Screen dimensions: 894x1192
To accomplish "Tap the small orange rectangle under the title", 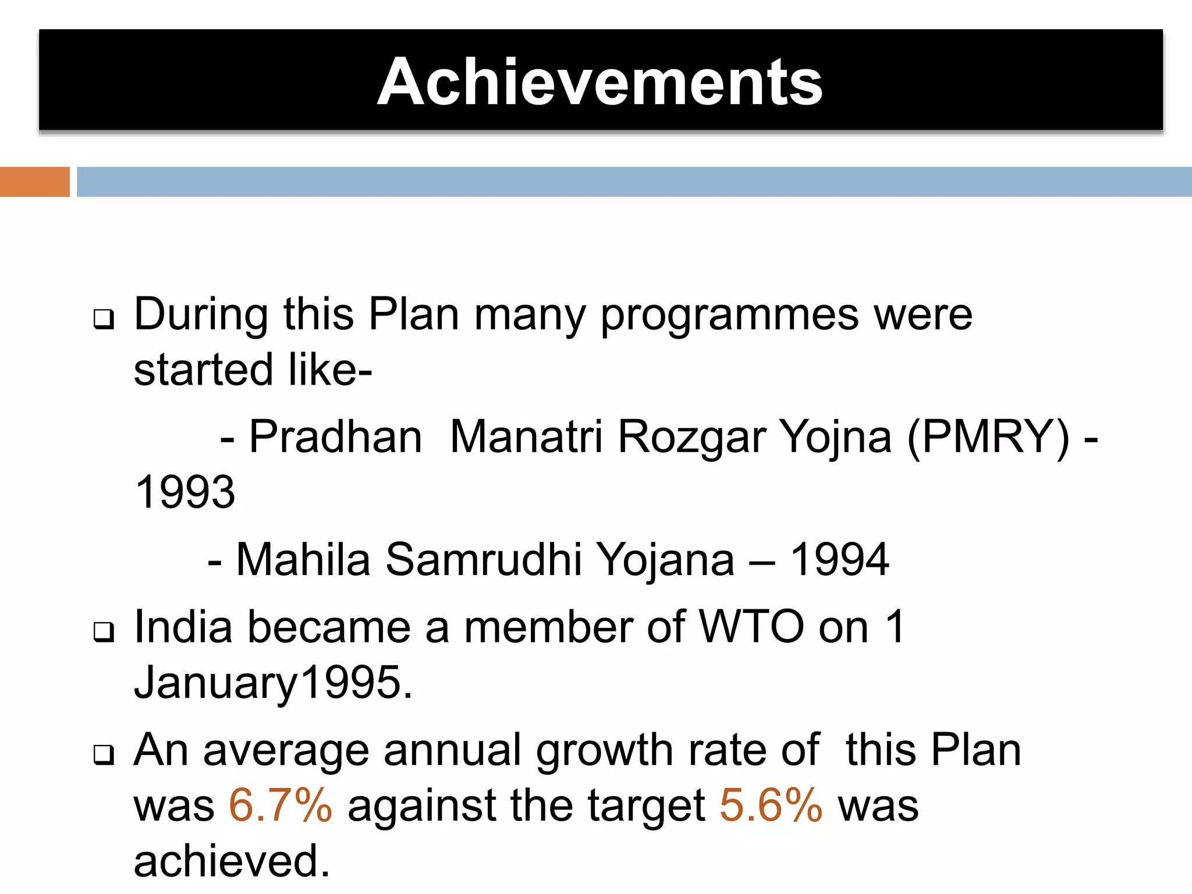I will pyautogui.click(x=34, y=182).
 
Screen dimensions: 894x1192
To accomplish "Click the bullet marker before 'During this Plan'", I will pyautogui.click(x=104, y=320).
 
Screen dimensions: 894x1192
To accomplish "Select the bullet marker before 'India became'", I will pyautogui.click(x=104, y=632).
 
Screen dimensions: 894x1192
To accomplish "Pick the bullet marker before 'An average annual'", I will pyautogui.click(x=104, y=755).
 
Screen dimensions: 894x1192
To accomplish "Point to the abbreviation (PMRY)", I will pyautogui.click(x=988, y=437).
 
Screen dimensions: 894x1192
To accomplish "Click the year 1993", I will pyautogui.click(x=185, y=492).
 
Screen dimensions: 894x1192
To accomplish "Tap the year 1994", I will pyautogui.click(x=839, y=559).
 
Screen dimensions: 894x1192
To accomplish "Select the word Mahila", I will pyautogui.click(x=303, y=559).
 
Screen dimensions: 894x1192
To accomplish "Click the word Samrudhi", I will pyautogui.click(x=483, y=559).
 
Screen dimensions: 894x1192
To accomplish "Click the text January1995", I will pyautogui.click(x=272, y=682).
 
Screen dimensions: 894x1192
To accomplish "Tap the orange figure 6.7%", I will pyautogui.click(x=281, y=806).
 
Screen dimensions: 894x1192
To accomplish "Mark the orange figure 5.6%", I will pyautogui.click(x=771, y=806).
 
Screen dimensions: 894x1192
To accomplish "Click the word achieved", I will pyautogui.click(x=231, y=861).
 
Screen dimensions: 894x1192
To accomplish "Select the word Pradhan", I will pyautogui.click(x=335, y=437).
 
